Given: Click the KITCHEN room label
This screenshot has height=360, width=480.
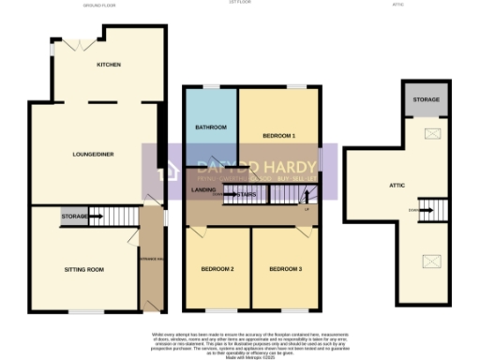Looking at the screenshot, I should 110,65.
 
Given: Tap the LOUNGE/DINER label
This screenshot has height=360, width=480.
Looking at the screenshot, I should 94,155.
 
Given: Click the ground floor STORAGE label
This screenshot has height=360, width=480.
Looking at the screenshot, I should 75,217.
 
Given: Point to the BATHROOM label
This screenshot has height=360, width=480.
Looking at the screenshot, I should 210,127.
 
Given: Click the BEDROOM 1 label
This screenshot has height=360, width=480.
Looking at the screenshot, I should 278,136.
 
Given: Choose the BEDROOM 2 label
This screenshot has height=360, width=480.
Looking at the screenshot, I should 217,269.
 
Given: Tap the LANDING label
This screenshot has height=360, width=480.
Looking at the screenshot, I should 203,190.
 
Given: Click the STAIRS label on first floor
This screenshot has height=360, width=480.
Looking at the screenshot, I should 247,195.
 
